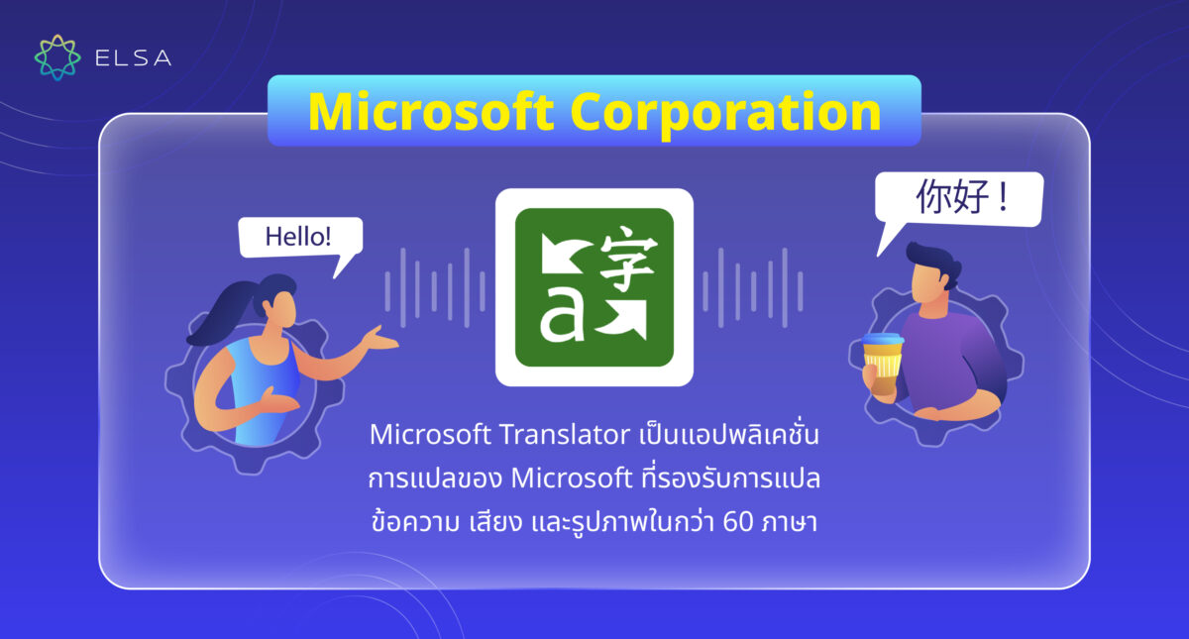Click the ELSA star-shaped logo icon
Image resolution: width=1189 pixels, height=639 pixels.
[x=56, y=57]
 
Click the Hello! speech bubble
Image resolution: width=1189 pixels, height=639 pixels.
[x=299, y=239]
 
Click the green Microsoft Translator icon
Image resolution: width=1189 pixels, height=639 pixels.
[x=594, y=286]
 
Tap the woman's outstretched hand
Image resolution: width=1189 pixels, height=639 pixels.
[x=381, y=340]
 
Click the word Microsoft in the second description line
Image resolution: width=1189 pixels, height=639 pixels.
[x=569, y=479]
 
